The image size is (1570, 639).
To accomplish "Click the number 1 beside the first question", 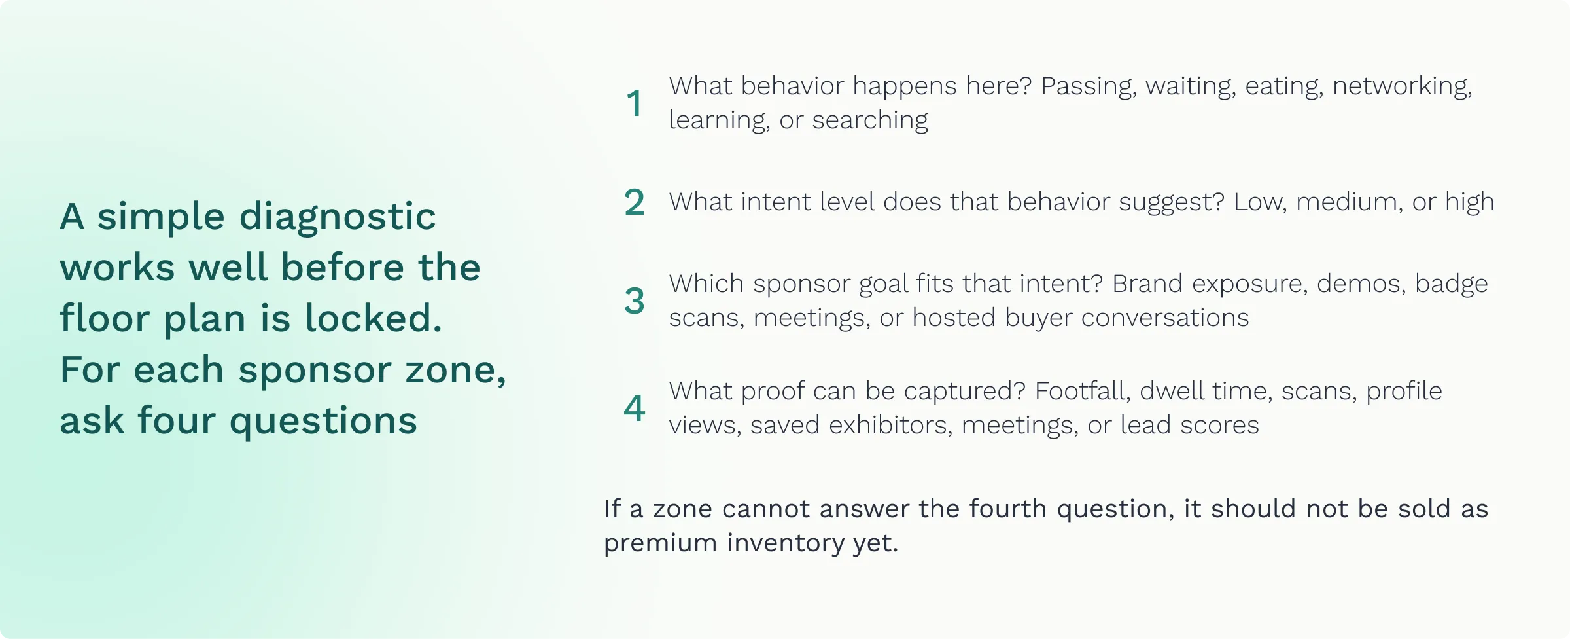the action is point(634,103).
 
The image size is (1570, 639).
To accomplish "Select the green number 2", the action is point(634,202).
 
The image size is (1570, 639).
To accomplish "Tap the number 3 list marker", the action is point(634,301).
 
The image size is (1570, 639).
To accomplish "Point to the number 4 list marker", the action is point(634,408).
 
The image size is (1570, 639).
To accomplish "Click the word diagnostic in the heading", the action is point(338,217).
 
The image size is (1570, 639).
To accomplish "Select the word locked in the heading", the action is point(374,318).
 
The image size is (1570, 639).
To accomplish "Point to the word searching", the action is point(870,120).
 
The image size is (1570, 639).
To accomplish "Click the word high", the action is point(1470,203).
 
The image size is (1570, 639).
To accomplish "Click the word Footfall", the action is point(1083,392).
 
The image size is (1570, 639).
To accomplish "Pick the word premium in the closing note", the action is point(659,544).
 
